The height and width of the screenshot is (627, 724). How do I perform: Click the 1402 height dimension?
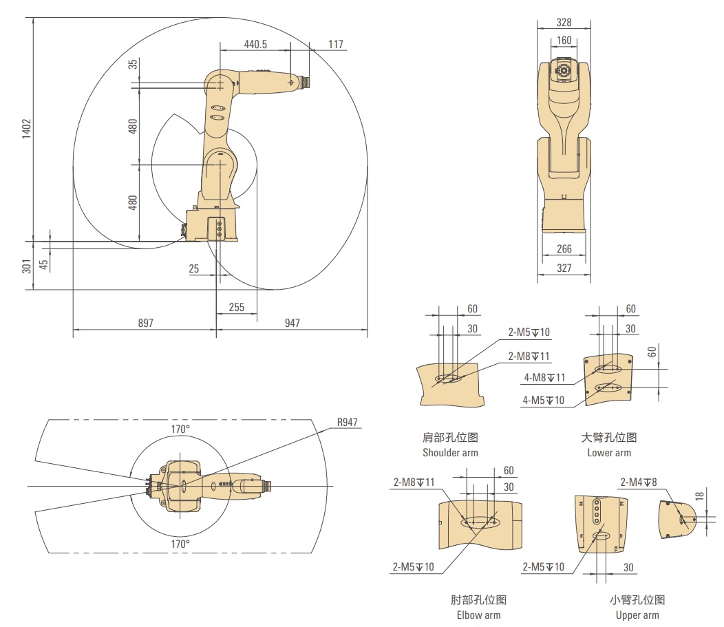[27, 128]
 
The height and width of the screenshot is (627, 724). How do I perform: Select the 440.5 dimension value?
[255, 44]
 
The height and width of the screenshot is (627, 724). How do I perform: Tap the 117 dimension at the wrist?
[336, 44]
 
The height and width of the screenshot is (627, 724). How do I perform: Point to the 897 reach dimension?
[145, 323]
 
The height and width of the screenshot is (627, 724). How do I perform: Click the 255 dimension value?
[237, 307]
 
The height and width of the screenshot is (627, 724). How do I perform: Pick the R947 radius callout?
[348, 422]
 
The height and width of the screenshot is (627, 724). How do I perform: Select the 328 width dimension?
[564, 22]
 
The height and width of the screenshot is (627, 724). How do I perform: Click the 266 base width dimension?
[564, 249]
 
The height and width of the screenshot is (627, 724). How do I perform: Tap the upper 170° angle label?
[180, 429]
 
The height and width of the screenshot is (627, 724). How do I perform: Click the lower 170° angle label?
[180, 544]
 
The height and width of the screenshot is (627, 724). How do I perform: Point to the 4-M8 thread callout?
[544, 378]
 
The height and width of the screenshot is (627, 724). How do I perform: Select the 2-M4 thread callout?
[638, 482]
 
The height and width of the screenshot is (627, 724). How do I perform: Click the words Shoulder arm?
[450, 452]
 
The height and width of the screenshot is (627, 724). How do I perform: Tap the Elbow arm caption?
[478, 615]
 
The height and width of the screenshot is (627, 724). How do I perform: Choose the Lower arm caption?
[609, 452]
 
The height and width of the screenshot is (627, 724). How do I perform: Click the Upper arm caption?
[637, 615]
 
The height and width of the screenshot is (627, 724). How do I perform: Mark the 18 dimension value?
[699, 496]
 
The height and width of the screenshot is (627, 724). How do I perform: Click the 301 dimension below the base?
[27, 266]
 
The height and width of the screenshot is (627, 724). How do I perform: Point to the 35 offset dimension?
[133, 64]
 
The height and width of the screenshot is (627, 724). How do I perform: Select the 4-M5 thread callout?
[544, 401]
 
